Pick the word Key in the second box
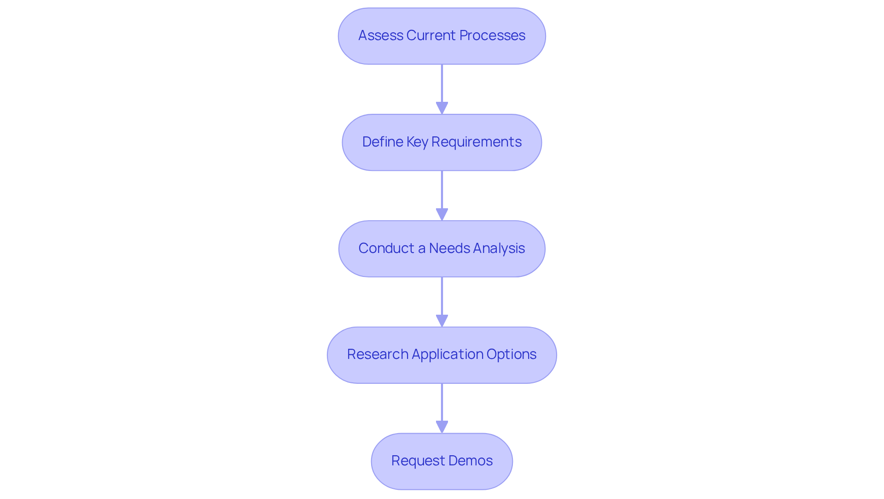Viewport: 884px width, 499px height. (x=417, y=142)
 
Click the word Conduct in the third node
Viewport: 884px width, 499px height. (x=386, y=248)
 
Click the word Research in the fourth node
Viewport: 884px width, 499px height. (x=378, y=354)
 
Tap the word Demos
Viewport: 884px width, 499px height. (x=470, y=461)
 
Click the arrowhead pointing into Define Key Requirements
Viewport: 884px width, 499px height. (x=442, y=108)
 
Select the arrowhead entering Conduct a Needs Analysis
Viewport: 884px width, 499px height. (x=442, y=214)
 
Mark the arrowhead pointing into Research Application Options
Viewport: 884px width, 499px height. (x=442, y=321)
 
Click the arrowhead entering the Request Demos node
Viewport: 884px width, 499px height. (x=442, y=427)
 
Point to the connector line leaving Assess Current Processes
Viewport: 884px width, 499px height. (x=442, y=83)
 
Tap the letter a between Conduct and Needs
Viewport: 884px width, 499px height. (x=421, y=249)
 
